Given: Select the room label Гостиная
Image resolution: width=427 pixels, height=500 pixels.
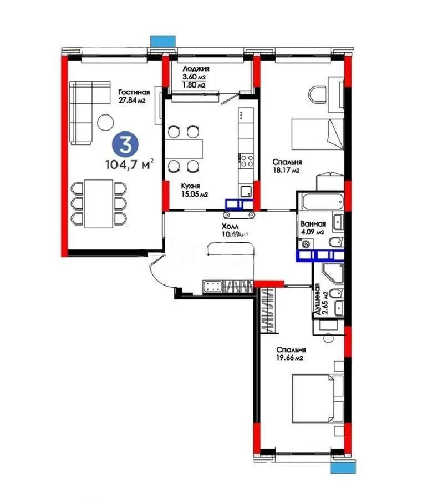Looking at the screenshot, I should (134, 92).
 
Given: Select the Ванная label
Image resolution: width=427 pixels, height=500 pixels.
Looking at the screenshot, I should (314, 224).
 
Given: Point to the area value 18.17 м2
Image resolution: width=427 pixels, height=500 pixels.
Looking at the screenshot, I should (286, 171).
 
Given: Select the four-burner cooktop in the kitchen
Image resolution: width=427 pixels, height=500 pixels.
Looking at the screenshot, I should (246, 161).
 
